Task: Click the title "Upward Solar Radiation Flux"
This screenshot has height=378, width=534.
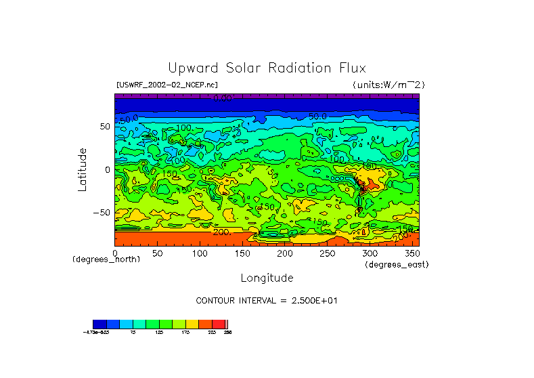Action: [x=267, y=68]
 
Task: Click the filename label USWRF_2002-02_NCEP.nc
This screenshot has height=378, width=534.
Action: [x=167, y=85]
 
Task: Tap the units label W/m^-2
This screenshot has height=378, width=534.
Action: [x=388, y=85]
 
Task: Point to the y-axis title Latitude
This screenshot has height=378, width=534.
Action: [x=83, y=169]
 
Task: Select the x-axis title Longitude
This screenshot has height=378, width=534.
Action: [x=267, y=278]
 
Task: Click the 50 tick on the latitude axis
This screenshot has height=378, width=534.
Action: [x=105, y=127]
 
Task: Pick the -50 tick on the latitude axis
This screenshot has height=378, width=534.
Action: [x=103, y=212]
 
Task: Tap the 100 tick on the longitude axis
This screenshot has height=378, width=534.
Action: [x=200, y=253]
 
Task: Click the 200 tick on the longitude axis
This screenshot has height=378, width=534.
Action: [x=285, y=253]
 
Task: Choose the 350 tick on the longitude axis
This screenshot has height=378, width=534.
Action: [x=411, y=253]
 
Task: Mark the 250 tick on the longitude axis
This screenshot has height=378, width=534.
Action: [x=327, y=253]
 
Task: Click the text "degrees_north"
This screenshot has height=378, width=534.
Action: [x=106, y=259]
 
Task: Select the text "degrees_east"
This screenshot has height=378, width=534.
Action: [x=397, y=264]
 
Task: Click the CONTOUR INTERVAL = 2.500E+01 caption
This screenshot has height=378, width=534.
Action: [x=267, y=300]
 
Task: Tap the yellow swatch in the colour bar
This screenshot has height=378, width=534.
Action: [x=192, y=324]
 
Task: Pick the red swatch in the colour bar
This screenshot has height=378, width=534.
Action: [x=219, y=324]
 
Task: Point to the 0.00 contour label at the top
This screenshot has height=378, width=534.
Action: [x=222, y=98]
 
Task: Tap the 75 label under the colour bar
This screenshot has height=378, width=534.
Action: [x=133, y=333]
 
